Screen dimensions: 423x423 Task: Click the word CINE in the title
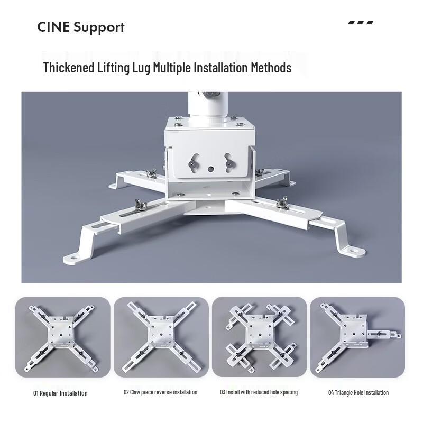coord(53,27)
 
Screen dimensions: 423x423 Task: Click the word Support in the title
coord(99,28)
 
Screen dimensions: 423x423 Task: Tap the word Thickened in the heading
coord(69,68)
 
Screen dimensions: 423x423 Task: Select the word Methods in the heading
coord(271,68)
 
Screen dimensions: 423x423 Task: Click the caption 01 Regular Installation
coord(60,393)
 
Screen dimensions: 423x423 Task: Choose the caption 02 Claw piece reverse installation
coord(161,392)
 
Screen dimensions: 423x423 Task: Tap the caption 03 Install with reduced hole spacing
coord(259,392)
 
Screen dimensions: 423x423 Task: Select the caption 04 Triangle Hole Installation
coord(358,393)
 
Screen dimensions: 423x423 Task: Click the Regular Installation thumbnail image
coord(63,337)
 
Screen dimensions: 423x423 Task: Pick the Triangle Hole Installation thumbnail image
coord(357,337)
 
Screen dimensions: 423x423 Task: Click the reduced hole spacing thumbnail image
coord(259,337)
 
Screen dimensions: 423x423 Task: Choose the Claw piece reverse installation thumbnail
coord(161,337)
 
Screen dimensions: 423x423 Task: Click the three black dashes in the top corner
coord(361,23)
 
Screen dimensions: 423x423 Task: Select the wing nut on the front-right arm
coord(282,202)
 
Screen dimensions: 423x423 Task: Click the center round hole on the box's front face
coord(210,169)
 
